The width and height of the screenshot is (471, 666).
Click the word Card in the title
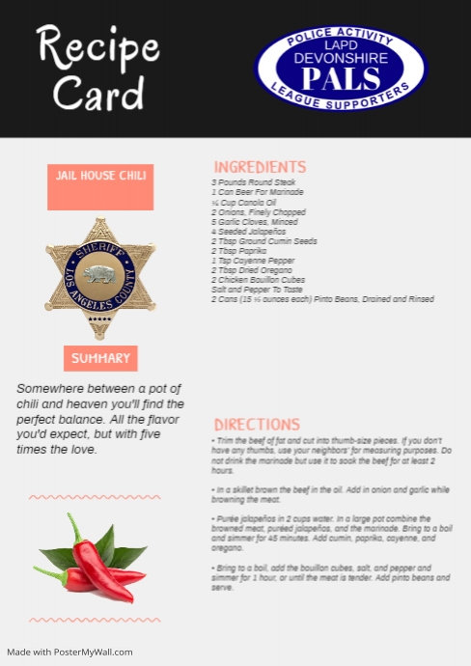tap(98, 92)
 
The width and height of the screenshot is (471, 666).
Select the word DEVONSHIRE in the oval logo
tap(341, 58)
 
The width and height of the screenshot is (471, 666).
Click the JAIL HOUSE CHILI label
tap(100, 176)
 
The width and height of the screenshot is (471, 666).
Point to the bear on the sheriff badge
tap(99, 275)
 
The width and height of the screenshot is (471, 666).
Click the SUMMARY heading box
tap(100, 358)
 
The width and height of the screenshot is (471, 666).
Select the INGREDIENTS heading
tap(260, 167)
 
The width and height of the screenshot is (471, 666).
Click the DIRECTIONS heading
tap(257, 425)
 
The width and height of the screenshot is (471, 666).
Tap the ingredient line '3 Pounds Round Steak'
tap(254, 182)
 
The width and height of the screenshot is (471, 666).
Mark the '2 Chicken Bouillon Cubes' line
tap(259, 280)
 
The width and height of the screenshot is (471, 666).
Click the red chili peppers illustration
tap(93, 562)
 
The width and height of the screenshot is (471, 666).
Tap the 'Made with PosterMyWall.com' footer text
tap(69, 652)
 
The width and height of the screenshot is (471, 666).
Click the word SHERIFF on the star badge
tap(100, 250)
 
